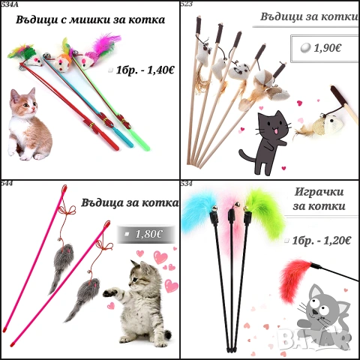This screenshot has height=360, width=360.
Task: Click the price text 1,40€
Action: pyautogui.click(x=157, y=70)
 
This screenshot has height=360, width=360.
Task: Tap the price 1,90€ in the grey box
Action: pyautogui.click(x=328, y=47)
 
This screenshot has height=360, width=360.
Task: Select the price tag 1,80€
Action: pyautogui.click(x=148, y=234)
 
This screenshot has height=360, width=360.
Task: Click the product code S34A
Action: pyautogui.click(x=10, y=4)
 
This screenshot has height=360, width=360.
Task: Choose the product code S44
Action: pyautogui.click(x=7, y=183)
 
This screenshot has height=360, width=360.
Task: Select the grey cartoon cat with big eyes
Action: pyautogui.click(x=325, y=305)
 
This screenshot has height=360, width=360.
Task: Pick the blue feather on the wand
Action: pyautogui.click(x=199, y=205)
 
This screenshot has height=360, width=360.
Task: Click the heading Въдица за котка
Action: pyautogui.click(x=123, y=200)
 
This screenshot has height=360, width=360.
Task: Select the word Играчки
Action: pyautogui.click(x=315, y=190)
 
